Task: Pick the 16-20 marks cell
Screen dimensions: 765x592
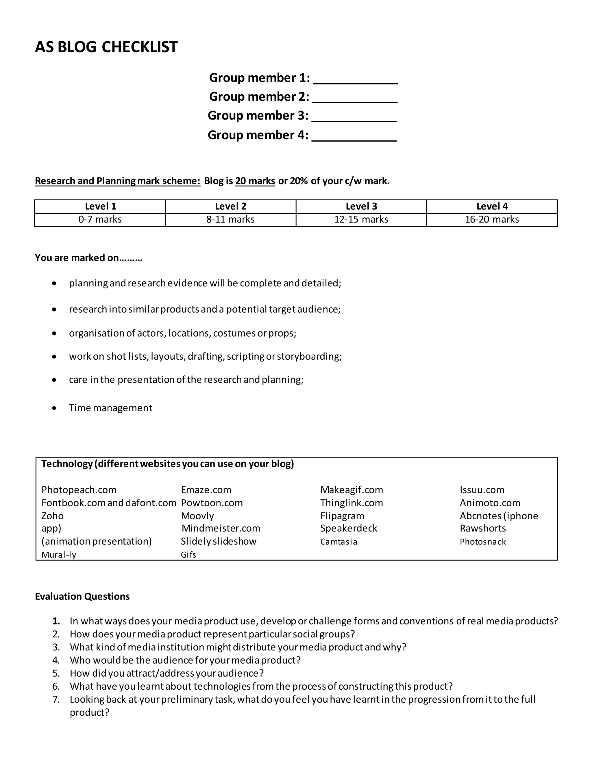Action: (x=491, y=220)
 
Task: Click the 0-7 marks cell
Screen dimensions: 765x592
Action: (x=100, y=220)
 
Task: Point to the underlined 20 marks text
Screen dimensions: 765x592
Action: (x=255, y=181)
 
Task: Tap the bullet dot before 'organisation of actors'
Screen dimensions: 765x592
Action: (x=54, y=333)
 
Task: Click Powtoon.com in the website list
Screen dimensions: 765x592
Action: (x=212, y=503)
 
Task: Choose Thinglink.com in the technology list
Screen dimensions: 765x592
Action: (x=351, y=503)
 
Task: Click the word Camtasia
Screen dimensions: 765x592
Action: (x=338, y=542)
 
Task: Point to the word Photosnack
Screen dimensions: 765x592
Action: (x=482, y=542)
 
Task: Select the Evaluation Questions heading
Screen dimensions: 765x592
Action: (x=82, y=596)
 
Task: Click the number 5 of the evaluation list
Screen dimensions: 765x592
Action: (x=56, y=673)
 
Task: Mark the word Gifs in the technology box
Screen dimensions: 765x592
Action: (x=188, y=555)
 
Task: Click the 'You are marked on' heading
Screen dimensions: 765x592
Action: (x=88, y=258)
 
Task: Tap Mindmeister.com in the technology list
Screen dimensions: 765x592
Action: (x=221, y=528)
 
